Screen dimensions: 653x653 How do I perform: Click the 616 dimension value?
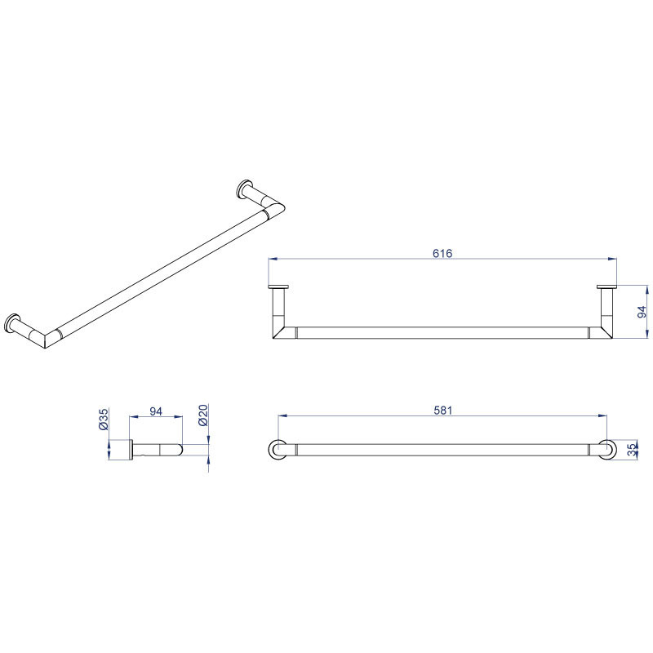tap(442, 253)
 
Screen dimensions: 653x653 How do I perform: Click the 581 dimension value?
tap(442, 411)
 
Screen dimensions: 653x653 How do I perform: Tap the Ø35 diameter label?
tap(104, 419)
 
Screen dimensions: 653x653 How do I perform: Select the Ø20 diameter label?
tap(202, 415)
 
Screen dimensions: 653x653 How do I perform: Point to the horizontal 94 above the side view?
tap(156, 411)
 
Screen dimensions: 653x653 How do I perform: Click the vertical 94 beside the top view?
tap(642, 312)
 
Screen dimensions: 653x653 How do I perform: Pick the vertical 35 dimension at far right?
tap(632, 450)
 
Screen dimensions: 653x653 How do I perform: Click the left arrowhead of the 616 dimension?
tap(273, 259)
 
